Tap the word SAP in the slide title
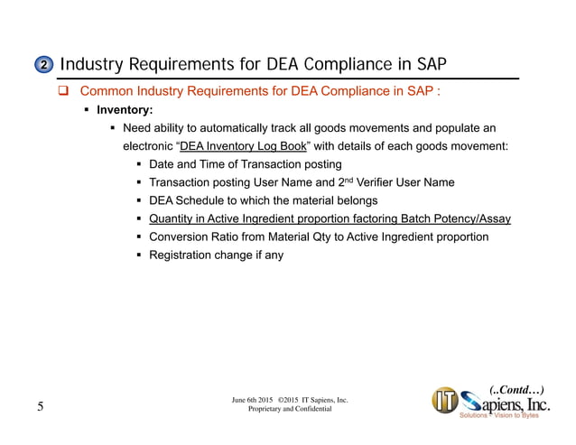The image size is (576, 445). click(428, 65)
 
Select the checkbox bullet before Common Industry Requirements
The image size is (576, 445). click(65, 91)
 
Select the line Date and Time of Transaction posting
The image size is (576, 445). click(245, 164)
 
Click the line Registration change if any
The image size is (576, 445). click(216, 255)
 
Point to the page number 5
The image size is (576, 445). click(41, 407)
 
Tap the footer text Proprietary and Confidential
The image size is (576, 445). click(289, 410)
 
